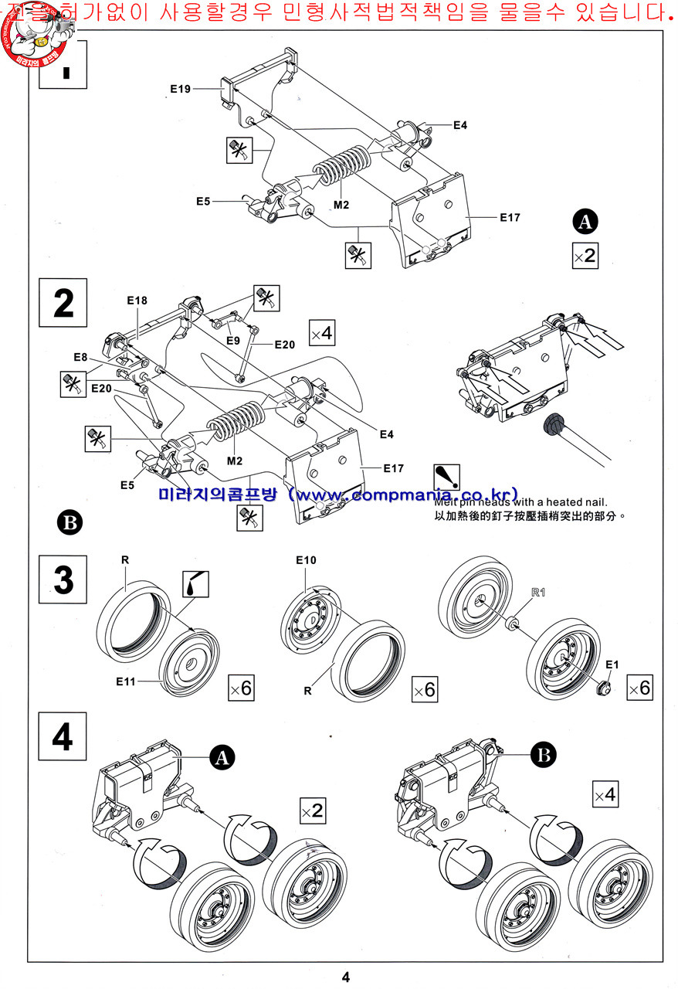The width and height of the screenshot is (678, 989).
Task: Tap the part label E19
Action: point(180,89)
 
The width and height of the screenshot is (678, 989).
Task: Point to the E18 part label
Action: point(137,301)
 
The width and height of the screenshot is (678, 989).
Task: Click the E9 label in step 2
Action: point(233,339)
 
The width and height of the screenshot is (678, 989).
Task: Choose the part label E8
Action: point(81,357)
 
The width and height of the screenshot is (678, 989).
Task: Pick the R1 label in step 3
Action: point(538,593)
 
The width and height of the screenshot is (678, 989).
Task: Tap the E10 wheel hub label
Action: point(306,559)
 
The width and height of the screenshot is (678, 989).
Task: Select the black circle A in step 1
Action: point(585,222)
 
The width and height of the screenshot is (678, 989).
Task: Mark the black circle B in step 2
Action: point(69,523)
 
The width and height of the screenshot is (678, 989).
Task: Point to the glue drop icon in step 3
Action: point(195,583)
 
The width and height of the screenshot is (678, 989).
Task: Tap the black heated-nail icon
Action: point(446,477)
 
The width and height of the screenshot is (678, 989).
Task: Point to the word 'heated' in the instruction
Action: point(563,501)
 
